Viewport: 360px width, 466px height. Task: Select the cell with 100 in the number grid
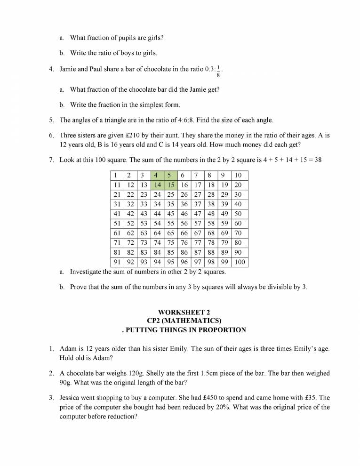tap(240, 262)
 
